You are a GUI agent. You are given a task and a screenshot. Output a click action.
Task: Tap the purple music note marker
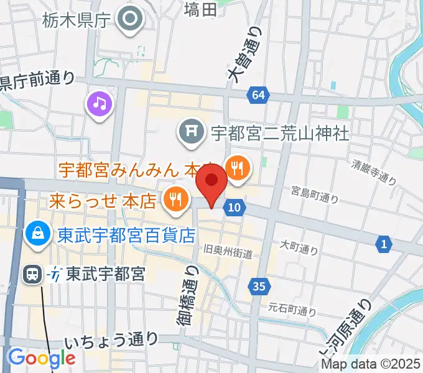[x=100, y=103]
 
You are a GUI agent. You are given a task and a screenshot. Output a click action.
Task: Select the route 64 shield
[x=259, y=95]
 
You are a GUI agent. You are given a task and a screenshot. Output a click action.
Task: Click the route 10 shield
[x=234, y=208]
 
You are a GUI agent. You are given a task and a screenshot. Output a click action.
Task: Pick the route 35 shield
[x=259, y=287]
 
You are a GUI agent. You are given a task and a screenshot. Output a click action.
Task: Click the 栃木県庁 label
[x=77, y=21]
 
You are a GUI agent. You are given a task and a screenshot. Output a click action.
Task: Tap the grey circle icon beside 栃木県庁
[x=131, y=19]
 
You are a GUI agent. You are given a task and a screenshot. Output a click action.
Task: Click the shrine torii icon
[x=190, y=131]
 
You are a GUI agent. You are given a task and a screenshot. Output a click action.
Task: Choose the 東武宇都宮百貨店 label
[x=127, y=236]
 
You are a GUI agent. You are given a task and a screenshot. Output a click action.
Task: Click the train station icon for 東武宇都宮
[x=32, y=274]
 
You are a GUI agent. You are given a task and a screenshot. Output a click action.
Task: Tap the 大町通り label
[x=299, y=247]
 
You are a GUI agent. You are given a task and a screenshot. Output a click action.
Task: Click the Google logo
[x=41, y=358]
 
